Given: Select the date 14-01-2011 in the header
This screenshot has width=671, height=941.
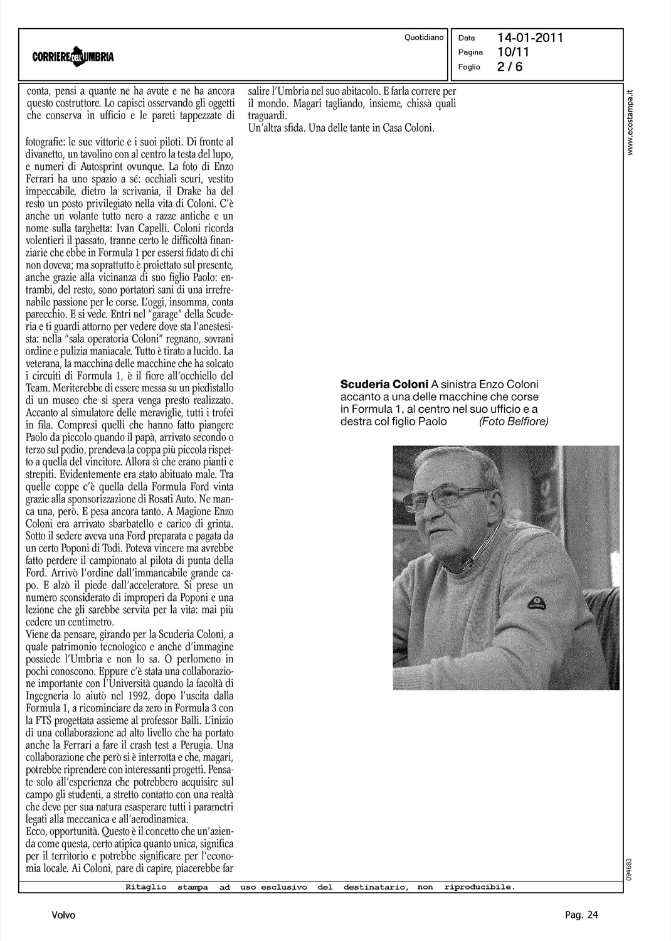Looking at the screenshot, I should (x=531, y=38).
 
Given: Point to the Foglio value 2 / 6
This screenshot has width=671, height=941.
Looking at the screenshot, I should (x=510, y=67).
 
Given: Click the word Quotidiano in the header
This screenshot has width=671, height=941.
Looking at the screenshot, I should (x=424, y=38).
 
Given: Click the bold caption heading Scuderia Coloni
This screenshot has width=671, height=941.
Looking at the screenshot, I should (x=384, y=384).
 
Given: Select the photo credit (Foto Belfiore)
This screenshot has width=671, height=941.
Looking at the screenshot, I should (x=513, y=422).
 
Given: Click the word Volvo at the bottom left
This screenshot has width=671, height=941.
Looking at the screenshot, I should (x=63, y=915).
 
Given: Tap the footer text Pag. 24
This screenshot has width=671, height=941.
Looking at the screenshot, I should (x=581, y=915).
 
